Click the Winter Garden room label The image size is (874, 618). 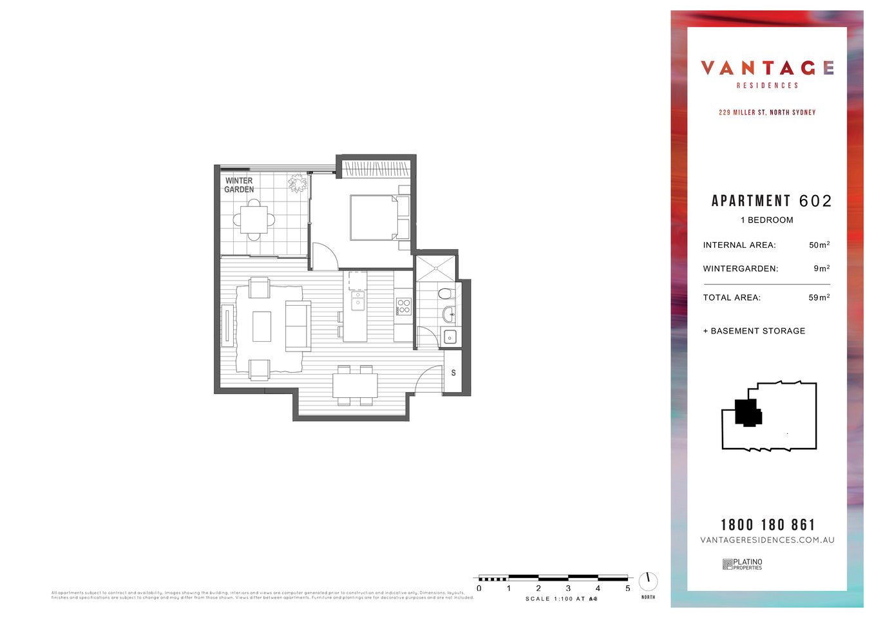239,185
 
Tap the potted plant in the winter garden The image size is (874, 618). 298,183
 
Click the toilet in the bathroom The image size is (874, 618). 444,294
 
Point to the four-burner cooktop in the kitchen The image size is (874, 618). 404,306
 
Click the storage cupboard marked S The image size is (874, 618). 453,373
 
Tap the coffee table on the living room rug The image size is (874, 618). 261,326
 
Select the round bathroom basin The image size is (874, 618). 448,315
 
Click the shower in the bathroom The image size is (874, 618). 435,268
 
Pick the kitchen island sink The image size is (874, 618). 357,301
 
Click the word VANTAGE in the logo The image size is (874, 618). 767,68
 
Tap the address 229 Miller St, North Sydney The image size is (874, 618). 767,113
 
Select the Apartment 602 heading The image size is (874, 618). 771,201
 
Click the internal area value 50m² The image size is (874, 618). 819,245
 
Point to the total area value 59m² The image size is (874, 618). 819,297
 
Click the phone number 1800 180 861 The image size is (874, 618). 767,525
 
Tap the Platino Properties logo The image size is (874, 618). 742,564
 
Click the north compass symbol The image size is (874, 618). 648,581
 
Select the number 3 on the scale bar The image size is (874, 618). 568,588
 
